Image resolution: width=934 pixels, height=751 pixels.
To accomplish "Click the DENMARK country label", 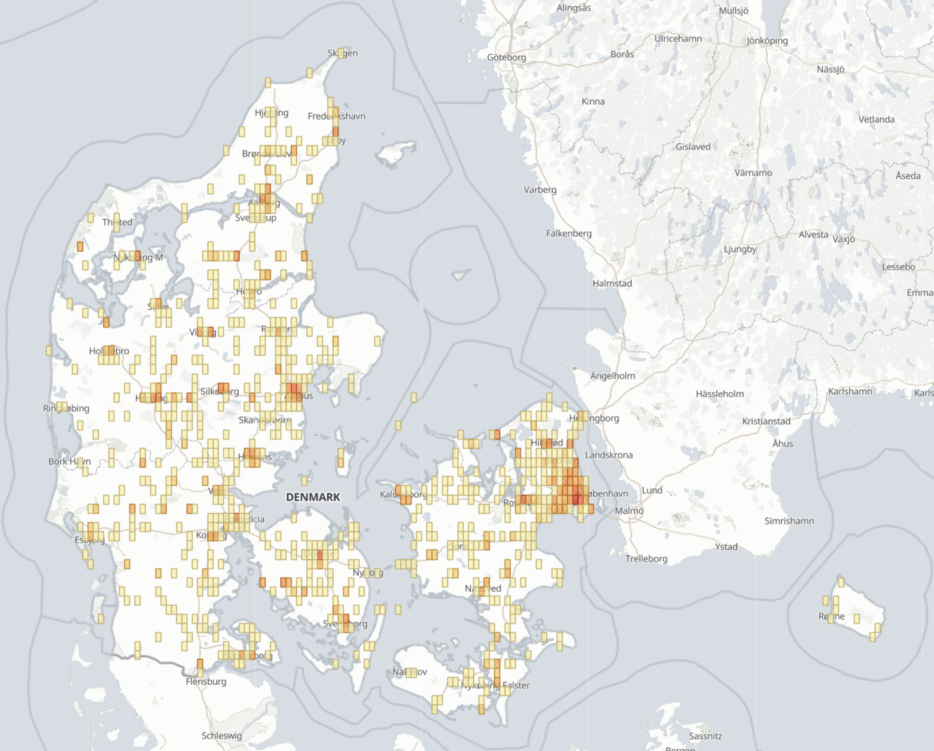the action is point(313,497).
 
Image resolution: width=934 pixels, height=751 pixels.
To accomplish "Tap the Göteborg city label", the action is point(506,57).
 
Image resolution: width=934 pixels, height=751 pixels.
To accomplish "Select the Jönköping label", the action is point(767,41).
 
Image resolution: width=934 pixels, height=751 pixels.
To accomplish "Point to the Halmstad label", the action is point(612,283).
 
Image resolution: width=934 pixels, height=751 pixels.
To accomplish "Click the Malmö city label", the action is point(629,511).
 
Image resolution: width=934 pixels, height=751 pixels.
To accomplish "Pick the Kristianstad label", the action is point(766,421).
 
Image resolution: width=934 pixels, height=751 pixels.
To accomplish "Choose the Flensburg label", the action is point(206,682).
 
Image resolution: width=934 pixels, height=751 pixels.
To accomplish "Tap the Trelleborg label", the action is point(646,559).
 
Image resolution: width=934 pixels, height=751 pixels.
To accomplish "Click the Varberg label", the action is point(540,190).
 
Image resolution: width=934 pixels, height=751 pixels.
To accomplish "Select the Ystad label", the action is point(726,547).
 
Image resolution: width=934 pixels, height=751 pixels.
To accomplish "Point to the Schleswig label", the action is point(222,736).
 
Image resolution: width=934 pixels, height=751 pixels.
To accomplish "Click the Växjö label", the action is point(844,239).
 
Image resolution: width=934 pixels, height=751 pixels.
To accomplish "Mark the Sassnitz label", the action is point(705,736).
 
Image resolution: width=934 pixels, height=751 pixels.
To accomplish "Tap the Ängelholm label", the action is point(613,376).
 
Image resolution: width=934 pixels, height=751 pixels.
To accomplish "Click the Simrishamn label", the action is point(789,521).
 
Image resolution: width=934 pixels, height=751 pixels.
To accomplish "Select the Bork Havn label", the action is point(70,461).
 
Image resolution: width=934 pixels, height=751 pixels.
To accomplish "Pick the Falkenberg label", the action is point(569,234).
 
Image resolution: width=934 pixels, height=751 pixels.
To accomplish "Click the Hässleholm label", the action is point(720,394).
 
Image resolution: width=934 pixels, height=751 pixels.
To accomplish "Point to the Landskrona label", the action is point(609,455).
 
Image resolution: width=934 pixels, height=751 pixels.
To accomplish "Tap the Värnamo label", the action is point(753,173).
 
